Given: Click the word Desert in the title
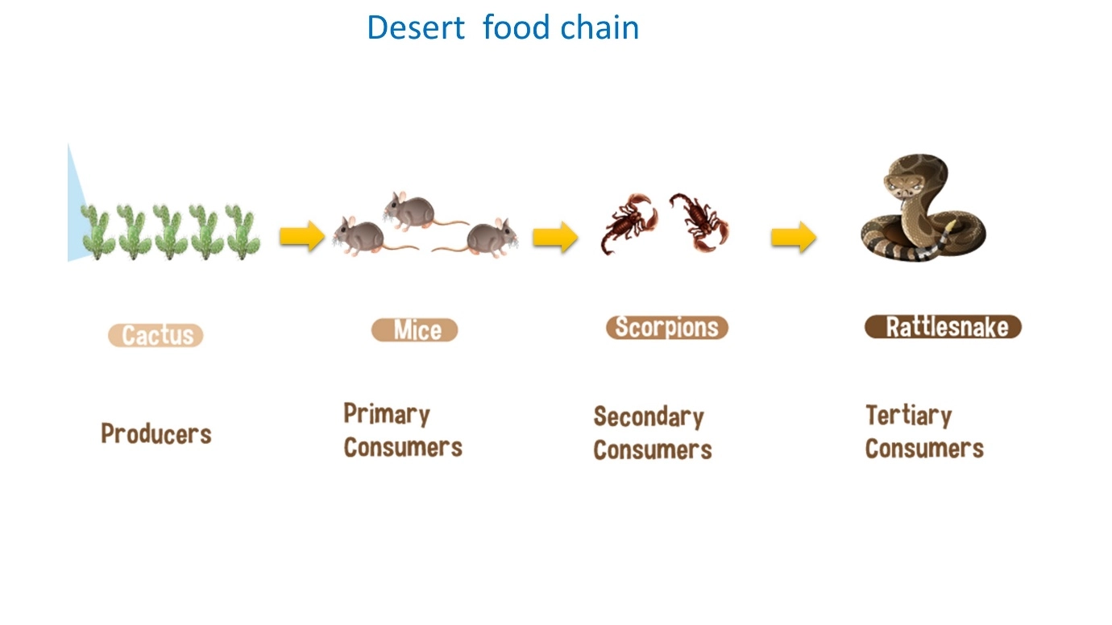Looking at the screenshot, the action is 416,27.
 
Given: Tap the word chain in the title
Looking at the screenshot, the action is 600,27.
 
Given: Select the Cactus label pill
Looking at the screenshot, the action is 156,335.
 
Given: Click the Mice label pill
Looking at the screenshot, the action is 414,330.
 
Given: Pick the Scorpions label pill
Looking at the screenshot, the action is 667,327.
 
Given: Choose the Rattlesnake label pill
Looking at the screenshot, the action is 944,327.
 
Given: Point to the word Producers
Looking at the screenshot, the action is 156,433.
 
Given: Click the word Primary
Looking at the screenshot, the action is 388,414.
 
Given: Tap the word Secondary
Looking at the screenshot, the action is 649,416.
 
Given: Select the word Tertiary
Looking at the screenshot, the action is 909,416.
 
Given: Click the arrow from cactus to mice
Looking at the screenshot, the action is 302,236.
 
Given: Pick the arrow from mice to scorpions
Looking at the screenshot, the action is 555,237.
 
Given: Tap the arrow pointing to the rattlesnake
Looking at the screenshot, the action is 794,237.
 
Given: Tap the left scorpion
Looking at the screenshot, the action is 630,223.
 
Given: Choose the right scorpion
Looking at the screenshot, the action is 699,221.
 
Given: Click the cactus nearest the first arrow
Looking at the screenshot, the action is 243,232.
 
